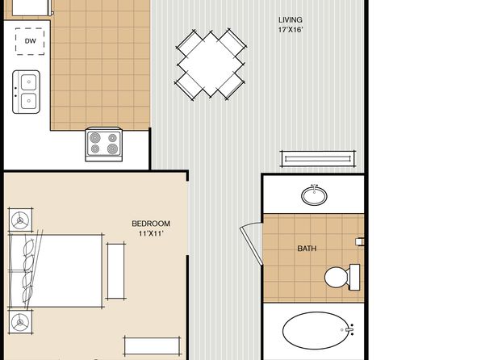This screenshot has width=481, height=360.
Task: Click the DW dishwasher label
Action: pos(30,41)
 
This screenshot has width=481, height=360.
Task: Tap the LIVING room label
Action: pos(291,20)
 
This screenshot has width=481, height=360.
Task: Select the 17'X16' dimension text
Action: pos(291,30)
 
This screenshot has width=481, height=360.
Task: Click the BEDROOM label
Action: pos(151,224)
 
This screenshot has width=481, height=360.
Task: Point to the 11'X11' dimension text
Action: pos(151,233)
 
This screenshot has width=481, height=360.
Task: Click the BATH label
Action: pos(307,249)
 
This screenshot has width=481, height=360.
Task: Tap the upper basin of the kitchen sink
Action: pos(29,82)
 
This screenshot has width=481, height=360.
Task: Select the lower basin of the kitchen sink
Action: pos(29,101)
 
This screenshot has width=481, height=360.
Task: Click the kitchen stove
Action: pos(104,144)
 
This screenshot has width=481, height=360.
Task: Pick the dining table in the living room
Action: pos(211,65)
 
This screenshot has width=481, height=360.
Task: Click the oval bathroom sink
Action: pos(314,195)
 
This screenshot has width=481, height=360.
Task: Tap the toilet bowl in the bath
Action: pos(337,277)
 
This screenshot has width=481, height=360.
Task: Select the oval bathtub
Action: pos(316,330)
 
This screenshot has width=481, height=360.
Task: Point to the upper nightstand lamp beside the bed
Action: pos(20,220)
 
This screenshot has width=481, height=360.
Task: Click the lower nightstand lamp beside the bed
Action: pos(20,322)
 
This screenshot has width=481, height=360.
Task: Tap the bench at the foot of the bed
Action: pos(115,271)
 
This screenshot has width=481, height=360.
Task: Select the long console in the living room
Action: pos(318,159)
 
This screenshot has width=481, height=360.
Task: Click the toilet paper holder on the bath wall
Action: pos(359,241)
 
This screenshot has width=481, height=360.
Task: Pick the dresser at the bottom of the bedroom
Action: pos(153,346)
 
